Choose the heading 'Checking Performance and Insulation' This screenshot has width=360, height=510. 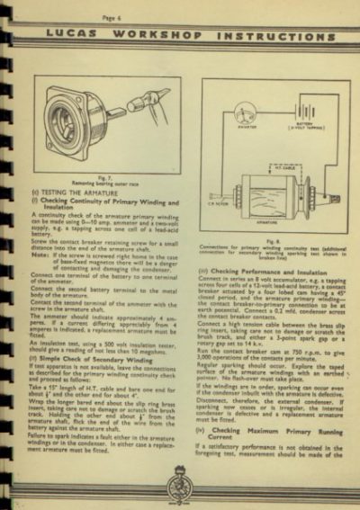270,270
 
